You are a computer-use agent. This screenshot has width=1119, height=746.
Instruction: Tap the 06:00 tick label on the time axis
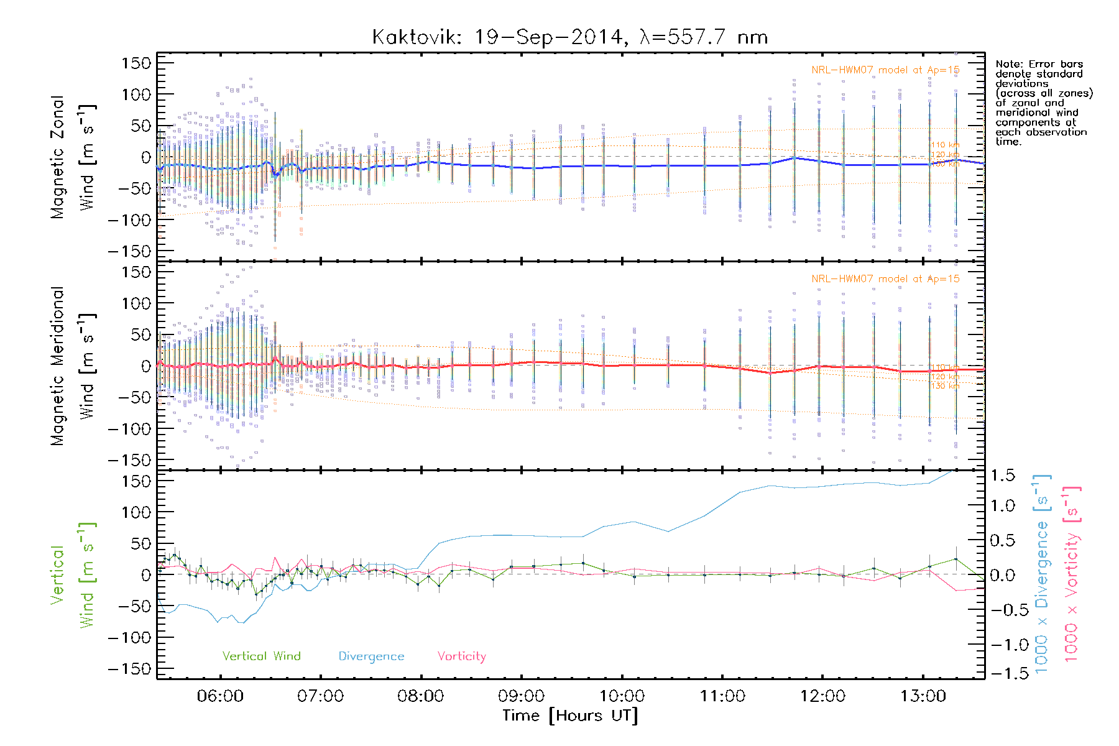(220, 696)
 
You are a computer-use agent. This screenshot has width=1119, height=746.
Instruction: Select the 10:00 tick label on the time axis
(622, 696)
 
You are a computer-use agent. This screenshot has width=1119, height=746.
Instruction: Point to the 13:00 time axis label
(923, 696)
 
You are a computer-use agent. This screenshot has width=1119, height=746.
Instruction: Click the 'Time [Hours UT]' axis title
(569, 716)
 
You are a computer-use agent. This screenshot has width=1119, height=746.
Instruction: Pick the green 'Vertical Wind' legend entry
(261, 656)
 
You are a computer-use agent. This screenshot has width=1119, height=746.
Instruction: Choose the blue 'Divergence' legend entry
(371, 656)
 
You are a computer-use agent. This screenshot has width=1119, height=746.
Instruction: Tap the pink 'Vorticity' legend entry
(461, 656)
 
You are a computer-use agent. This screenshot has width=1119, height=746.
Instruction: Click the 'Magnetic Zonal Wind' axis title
(73, 157)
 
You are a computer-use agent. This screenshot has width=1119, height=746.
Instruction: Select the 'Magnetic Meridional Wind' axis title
(73, 366)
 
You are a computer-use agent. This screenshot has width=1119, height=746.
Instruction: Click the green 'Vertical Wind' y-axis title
(73, 575)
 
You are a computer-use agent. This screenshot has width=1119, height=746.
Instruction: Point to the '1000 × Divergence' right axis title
(1041, 574)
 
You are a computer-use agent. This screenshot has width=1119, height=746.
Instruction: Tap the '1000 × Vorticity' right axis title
(1071, 574)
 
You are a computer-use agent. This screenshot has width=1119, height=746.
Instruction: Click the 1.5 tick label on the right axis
(1002, 476)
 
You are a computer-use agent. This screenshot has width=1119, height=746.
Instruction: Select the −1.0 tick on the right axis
(1002, 645)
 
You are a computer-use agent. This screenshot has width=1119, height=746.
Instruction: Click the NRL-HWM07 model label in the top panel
(885, 70)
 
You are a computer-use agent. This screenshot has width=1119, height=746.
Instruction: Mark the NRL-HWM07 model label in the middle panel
(885, 279)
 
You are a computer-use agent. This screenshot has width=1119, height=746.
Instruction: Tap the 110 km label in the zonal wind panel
(945, 145)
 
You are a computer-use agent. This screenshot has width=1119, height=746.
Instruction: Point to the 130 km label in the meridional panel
(945, 386)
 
